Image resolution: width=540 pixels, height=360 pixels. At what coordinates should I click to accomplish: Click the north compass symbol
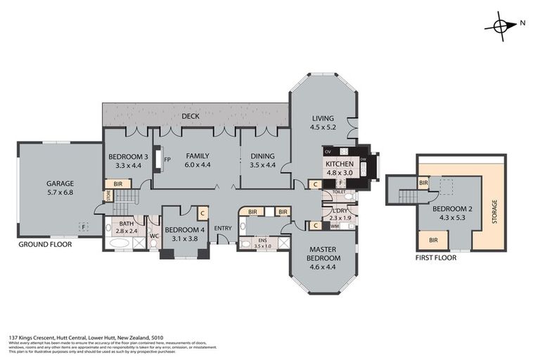click(x=501, y=25)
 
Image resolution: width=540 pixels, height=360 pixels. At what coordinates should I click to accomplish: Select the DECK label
click(x=190, y=116)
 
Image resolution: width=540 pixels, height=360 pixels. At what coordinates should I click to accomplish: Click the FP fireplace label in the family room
click(x=167, y=160)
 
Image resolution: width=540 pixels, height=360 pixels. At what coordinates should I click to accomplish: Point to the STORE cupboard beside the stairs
click(x=108, y=196)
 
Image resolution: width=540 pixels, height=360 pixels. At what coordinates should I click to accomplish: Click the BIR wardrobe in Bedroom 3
click(x=117, y=184)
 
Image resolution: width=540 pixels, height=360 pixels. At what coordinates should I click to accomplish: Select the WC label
click(x=153, y=236)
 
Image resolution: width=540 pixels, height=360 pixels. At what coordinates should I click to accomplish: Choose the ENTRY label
click(x=223, y=228)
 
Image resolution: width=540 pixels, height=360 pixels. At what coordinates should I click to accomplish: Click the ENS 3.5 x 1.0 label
click(x=259, y=243)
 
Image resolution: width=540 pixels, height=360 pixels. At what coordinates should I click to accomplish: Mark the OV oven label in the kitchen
click(x=328, y=151)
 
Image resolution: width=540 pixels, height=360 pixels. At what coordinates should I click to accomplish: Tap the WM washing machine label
click(x=334, y=226)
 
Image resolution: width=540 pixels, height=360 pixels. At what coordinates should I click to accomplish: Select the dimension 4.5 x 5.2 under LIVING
click(x=323, y=127)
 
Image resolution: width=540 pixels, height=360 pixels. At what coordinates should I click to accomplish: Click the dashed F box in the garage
click(x=83, y=227)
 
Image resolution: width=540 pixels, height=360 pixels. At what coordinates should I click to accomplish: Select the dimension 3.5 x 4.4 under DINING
click(x=264, y=165)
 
